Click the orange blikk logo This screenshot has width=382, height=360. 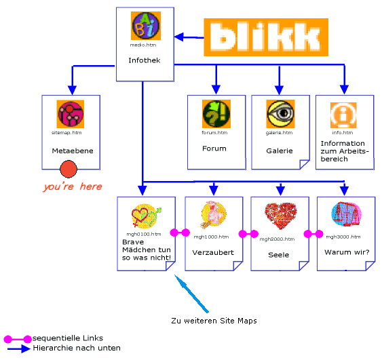click(266, 37)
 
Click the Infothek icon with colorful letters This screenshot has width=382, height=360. click(144, 26)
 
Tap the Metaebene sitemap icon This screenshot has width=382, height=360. click(70, 115)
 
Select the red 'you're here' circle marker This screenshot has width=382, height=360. click(69, 169)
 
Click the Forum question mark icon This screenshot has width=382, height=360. click(216, 114)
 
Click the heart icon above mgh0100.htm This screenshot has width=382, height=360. click(147, 216)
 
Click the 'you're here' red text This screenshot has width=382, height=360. click(72, 186)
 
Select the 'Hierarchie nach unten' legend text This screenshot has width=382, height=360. click(77, 348)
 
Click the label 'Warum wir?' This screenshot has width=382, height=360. click(347, 253)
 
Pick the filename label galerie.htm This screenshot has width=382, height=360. click(279, 133)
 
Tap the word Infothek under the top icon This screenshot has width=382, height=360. click(145, 60)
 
